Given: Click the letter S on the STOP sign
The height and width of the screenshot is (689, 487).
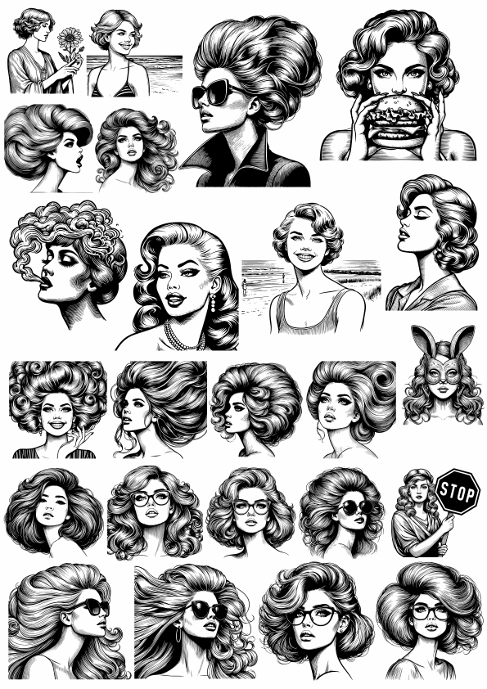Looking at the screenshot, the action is point(444,490).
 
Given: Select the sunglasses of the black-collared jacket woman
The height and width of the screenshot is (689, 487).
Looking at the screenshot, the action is point(214,92).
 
